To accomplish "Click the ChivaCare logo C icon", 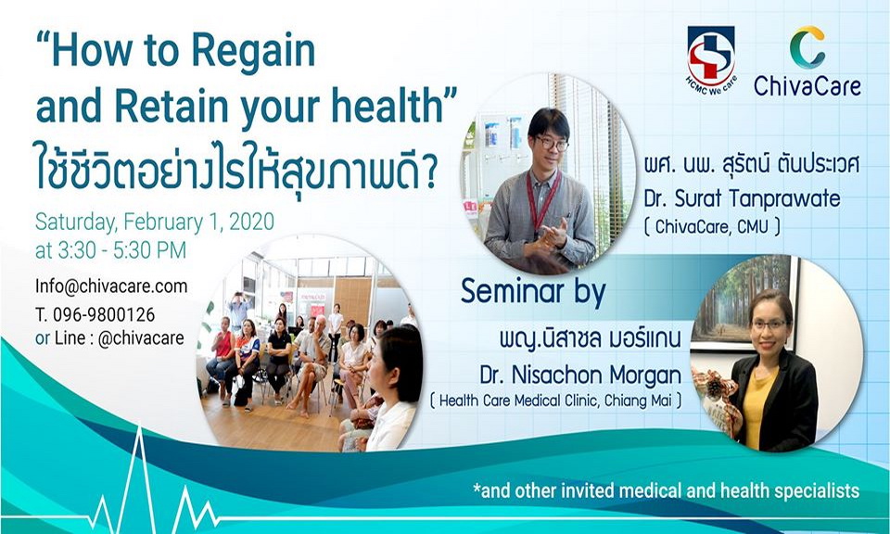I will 807,47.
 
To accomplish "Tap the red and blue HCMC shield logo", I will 710,55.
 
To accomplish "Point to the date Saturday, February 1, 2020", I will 154,223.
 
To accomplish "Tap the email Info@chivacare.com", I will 111,286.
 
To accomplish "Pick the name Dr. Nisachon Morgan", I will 574,375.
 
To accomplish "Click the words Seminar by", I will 533,292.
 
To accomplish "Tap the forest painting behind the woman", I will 743,296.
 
